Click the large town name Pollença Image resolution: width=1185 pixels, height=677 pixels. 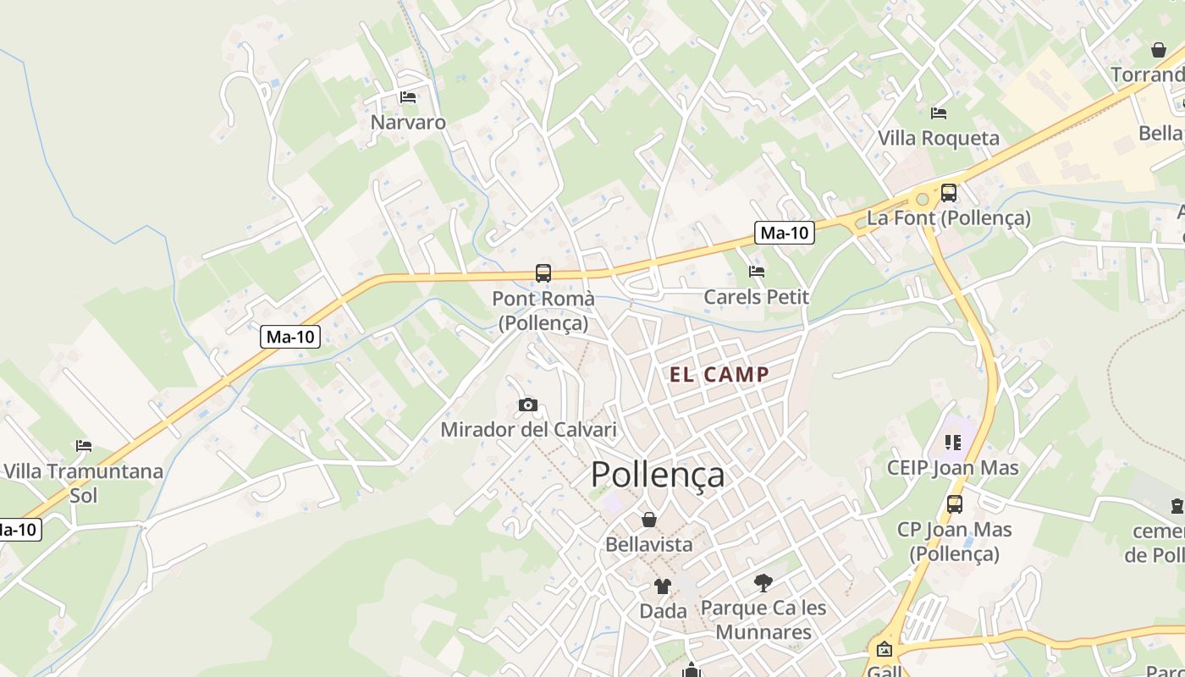point(658,475)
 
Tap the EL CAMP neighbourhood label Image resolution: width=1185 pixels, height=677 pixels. point(719,375)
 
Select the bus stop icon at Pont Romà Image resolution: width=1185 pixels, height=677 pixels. point(543,273)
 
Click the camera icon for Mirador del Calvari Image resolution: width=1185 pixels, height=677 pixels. point(528,405)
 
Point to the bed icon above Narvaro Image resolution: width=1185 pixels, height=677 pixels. point(408,97)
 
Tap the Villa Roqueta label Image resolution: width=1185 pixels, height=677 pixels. point(938,138)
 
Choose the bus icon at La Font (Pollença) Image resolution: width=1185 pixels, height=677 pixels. point(949,193)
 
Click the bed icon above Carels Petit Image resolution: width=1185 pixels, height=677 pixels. point(757,272)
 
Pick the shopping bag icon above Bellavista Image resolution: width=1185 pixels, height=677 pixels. point(649,520)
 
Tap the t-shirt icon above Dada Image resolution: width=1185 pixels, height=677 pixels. point(662,586)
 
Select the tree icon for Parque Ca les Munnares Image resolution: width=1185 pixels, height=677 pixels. point(763,582)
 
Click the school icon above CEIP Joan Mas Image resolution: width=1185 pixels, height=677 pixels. point(953,443)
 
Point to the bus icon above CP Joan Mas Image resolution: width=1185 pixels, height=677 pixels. point(955,504)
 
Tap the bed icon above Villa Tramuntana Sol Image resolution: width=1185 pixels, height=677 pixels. point(83,446)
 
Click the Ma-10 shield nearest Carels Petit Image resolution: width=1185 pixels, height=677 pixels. point(785,233)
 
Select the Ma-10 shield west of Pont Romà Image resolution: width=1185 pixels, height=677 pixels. point(290,337)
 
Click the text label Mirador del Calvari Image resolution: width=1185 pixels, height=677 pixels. point(528,429)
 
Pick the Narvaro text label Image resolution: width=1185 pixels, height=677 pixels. point(408,122)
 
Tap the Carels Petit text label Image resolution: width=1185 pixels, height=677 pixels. point(757,297)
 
